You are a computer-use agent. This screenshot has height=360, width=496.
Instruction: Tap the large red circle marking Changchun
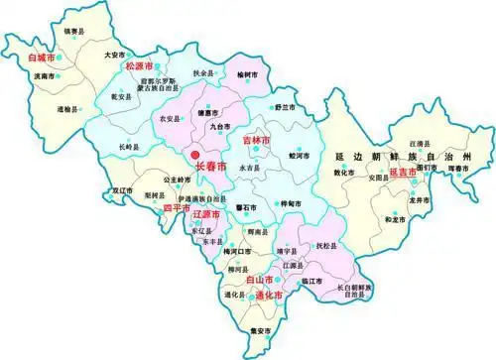click(195, 155)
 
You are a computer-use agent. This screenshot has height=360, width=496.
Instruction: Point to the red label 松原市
click(141, 66)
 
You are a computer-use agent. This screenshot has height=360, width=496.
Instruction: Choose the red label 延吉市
click(408, 173)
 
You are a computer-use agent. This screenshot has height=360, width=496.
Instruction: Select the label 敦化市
click(343, 172)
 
